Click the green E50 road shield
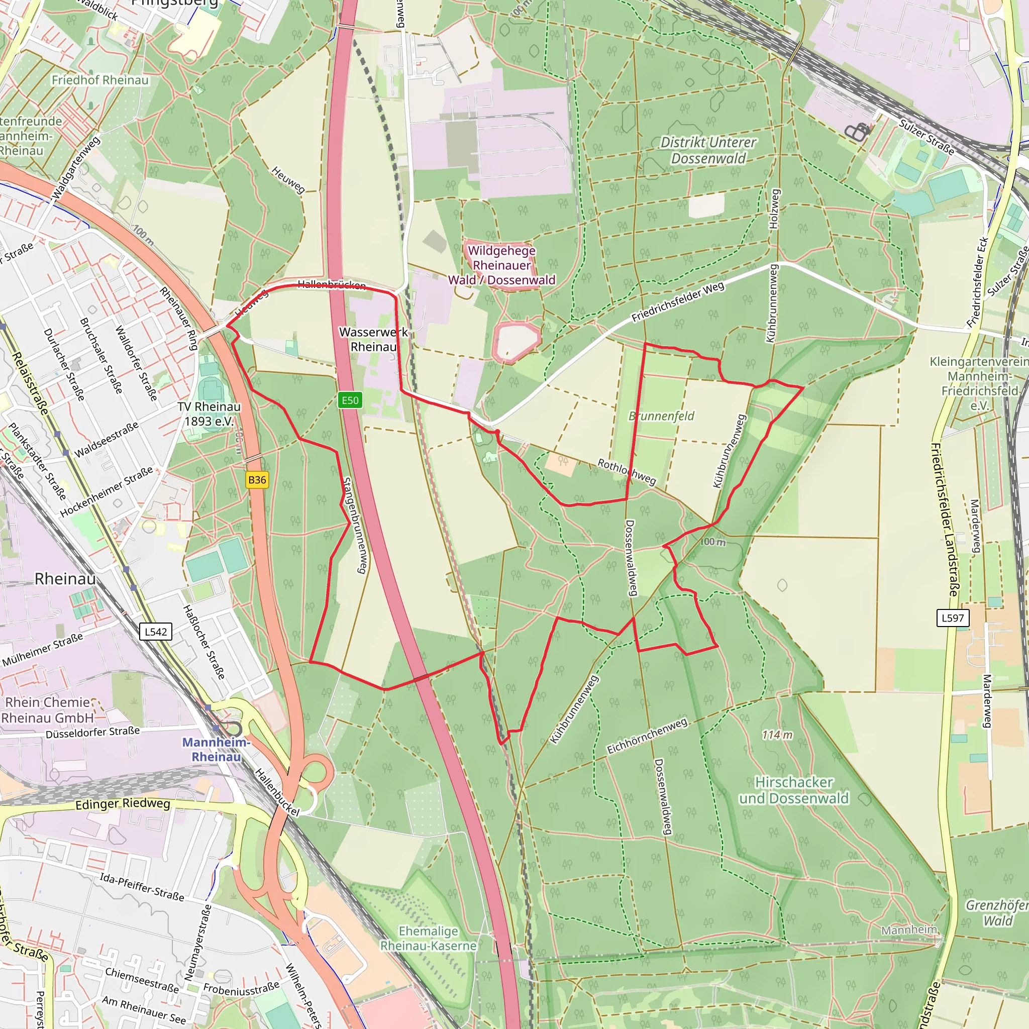pyautogui.click(x=350, y=400)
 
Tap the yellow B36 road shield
pyautogui.click(x=257, y=479)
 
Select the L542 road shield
pyautogui.click(x=156, y=632)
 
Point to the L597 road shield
pyautogui.click(x=953, y=618)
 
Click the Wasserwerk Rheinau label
pyautogui.click(x=373, y=339)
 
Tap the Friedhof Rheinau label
pyautogui.click(x=100, y=80)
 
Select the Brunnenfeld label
pyautogui.click(x=662, y=416)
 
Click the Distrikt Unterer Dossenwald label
pyautogui.click(x=708, y=150)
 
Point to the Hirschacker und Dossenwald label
pyautogui.click(x=793, y=790)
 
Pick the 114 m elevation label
pyautogui.click(x=777, y=735)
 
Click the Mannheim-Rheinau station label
pyautogui.click(x=216, y=749)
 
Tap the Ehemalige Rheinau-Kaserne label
pyautogui.click(x=428, y=939)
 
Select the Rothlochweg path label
pyautogui.click(x=627, y=471)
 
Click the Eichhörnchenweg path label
pyautogui.click(x=647, y=736)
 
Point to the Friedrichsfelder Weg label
pyautogui.click(x=678, y=301)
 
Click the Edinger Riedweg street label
pyautogui.click(x=123, y=804)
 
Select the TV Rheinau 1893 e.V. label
pyautogui.click(x=210, y=414)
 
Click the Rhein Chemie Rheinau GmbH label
pyautogui.click(x=48, y=710)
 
